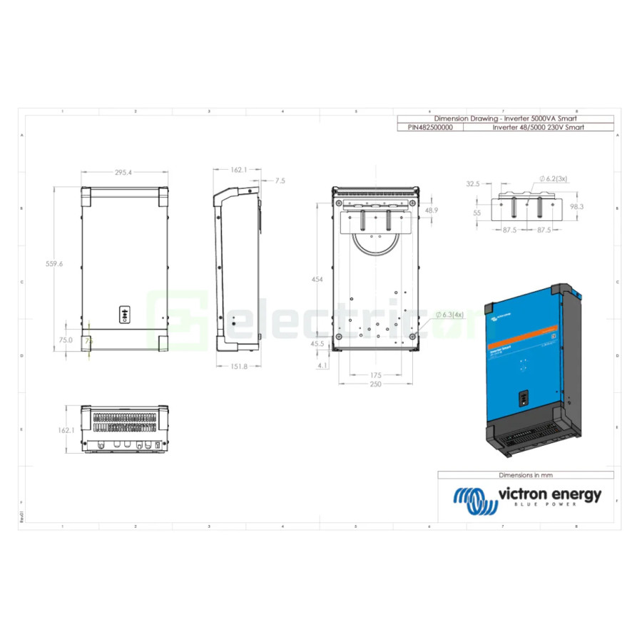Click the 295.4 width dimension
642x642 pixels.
tap(124, 173)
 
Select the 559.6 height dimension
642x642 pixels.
tap(55, 264)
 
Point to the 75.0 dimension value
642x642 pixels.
tap(66, 341)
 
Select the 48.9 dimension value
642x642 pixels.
tap(432, 211)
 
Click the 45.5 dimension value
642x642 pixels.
tap(317, 343)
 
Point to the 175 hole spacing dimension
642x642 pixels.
tap(376, 374)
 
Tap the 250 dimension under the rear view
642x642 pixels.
tap(376, 384)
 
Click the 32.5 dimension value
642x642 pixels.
tap(473, 184)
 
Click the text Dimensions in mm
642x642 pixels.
tap(526, 474)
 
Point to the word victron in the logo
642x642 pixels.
tap(525, 494)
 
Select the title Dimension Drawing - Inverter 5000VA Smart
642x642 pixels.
tap(505, 118)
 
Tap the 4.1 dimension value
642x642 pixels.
tap(323, 365)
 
